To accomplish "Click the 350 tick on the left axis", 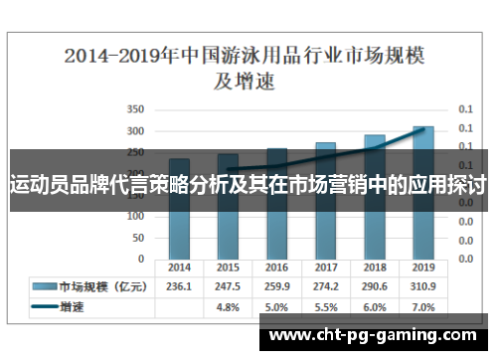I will tap(136, 109).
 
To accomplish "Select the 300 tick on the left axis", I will tap(136, 130).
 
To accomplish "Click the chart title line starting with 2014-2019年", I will tap(248, 56).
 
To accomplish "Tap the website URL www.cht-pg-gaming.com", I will tap(377, 335).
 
